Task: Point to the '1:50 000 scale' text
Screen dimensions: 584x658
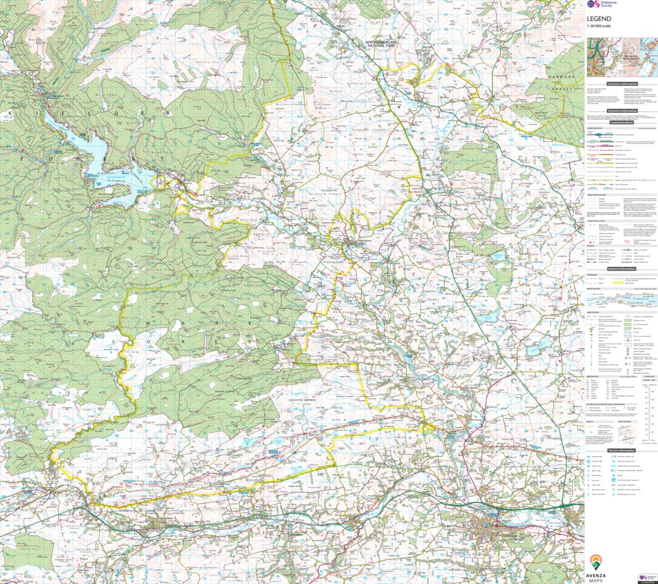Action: [599, 26]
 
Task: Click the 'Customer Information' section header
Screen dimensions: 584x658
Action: [621, 84]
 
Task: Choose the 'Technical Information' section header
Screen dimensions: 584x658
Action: [621, 111]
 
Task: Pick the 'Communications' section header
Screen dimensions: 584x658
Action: [621, 123]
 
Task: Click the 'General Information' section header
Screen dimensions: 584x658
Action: [621, 268]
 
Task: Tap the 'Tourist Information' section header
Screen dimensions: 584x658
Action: [621, 450]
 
